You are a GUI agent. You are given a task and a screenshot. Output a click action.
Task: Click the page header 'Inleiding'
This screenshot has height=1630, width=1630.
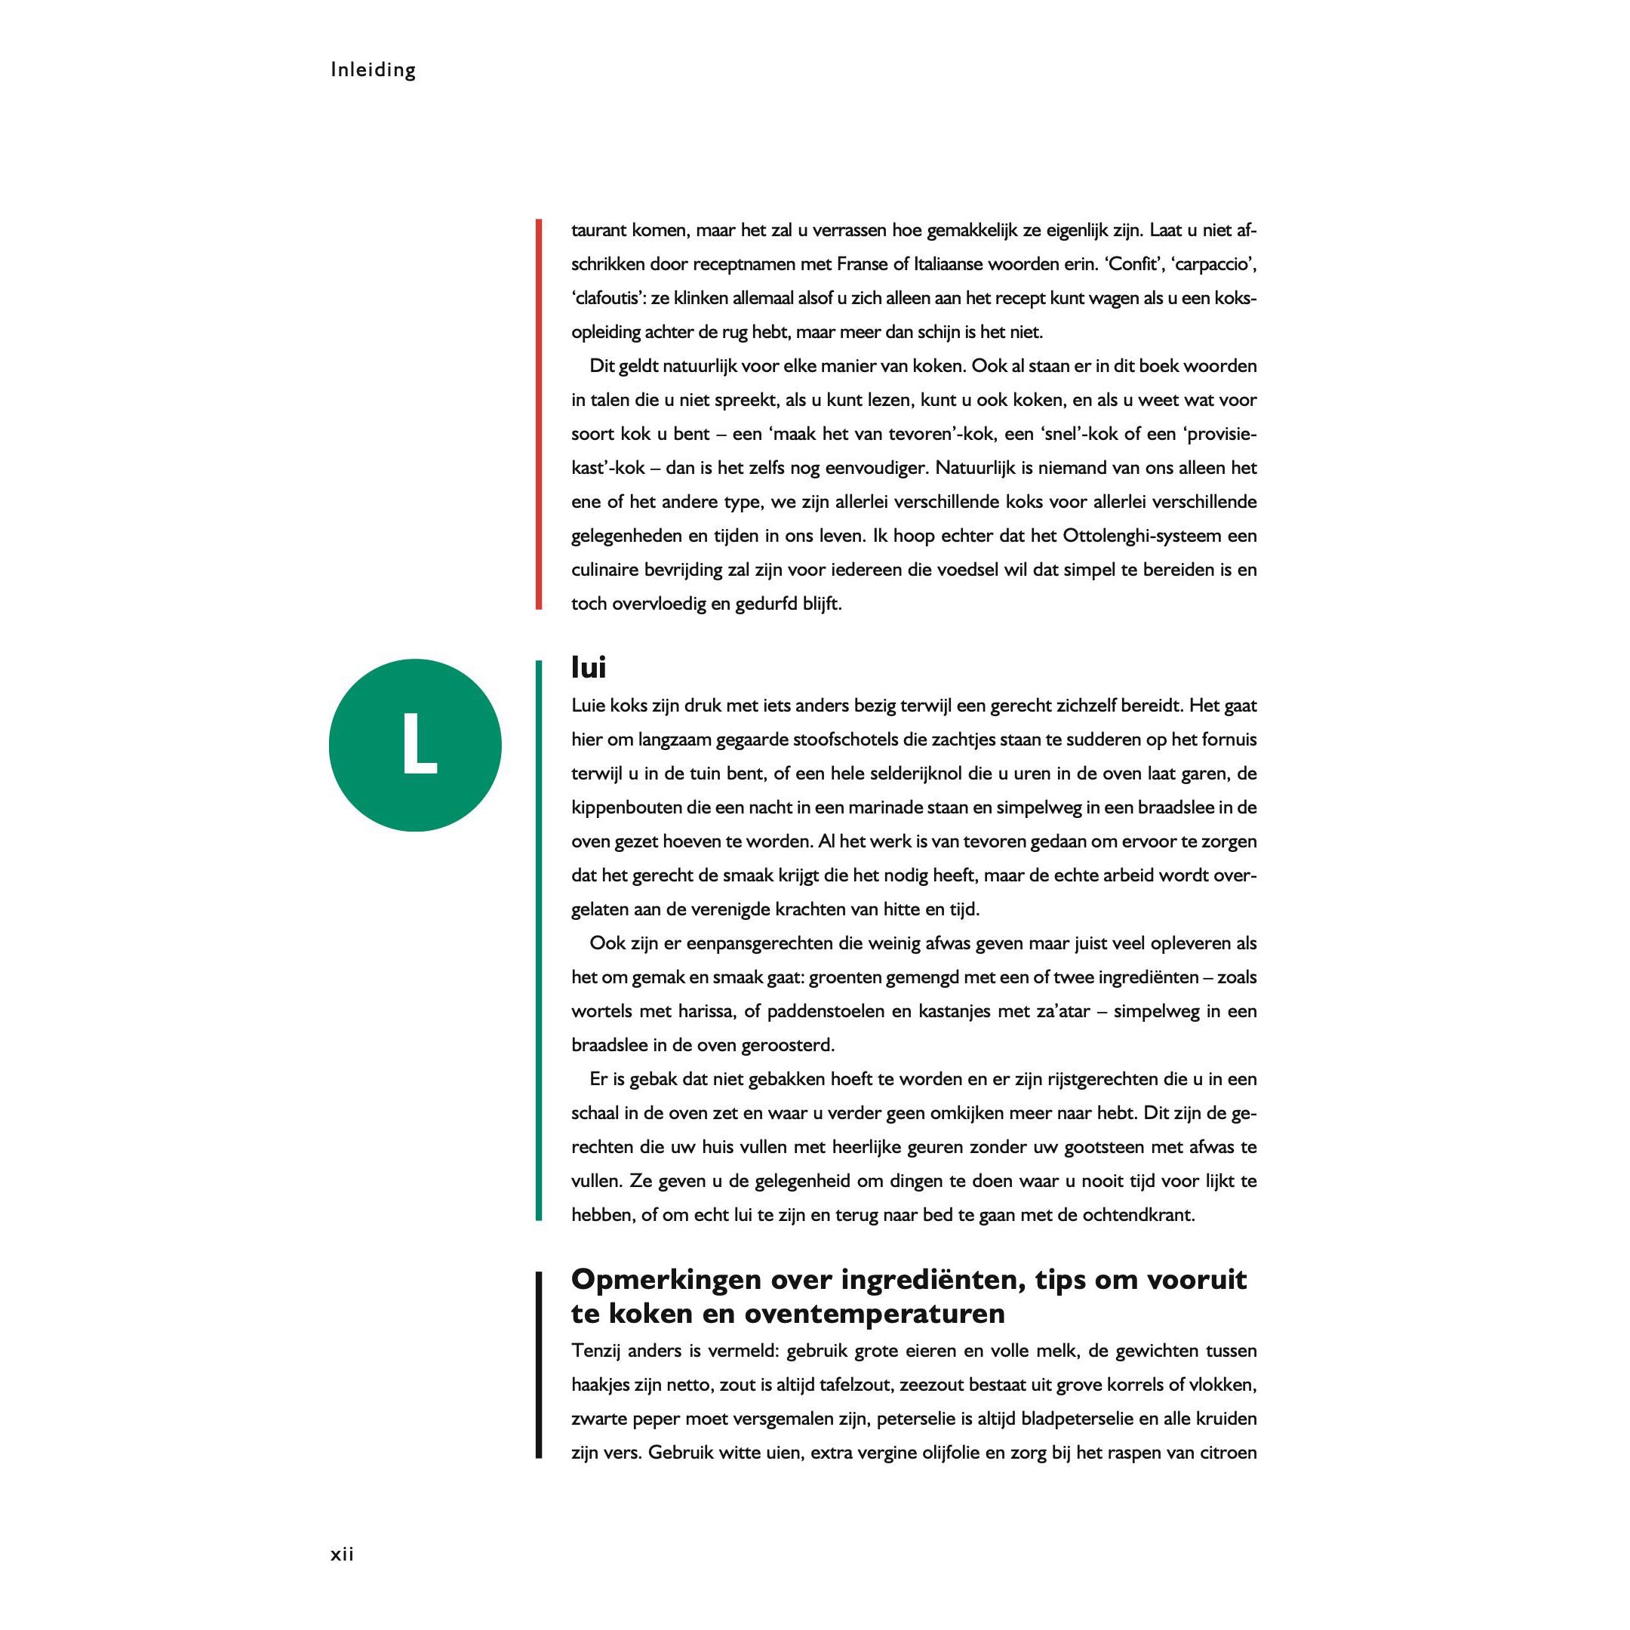[x=373, y=70]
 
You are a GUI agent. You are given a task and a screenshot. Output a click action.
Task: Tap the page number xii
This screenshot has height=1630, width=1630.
[x=342, y=1553]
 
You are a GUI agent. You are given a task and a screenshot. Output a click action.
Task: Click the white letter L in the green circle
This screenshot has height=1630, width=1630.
[x=419, y=743]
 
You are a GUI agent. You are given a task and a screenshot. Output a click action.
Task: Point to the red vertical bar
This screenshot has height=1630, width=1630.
[x=538, y=414]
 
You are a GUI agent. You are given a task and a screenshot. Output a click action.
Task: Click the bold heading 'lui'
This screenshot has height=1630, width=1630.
[x=588, y=667]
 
